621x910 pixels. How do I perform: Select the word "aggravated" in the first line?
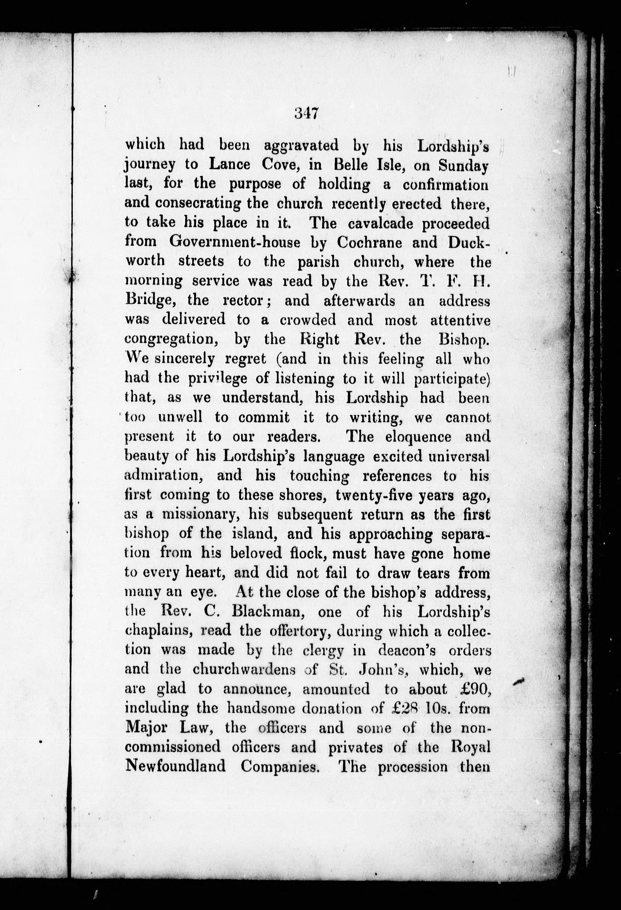[301, 146]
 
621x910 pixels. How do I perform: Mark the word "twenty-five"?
[374, 495]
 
